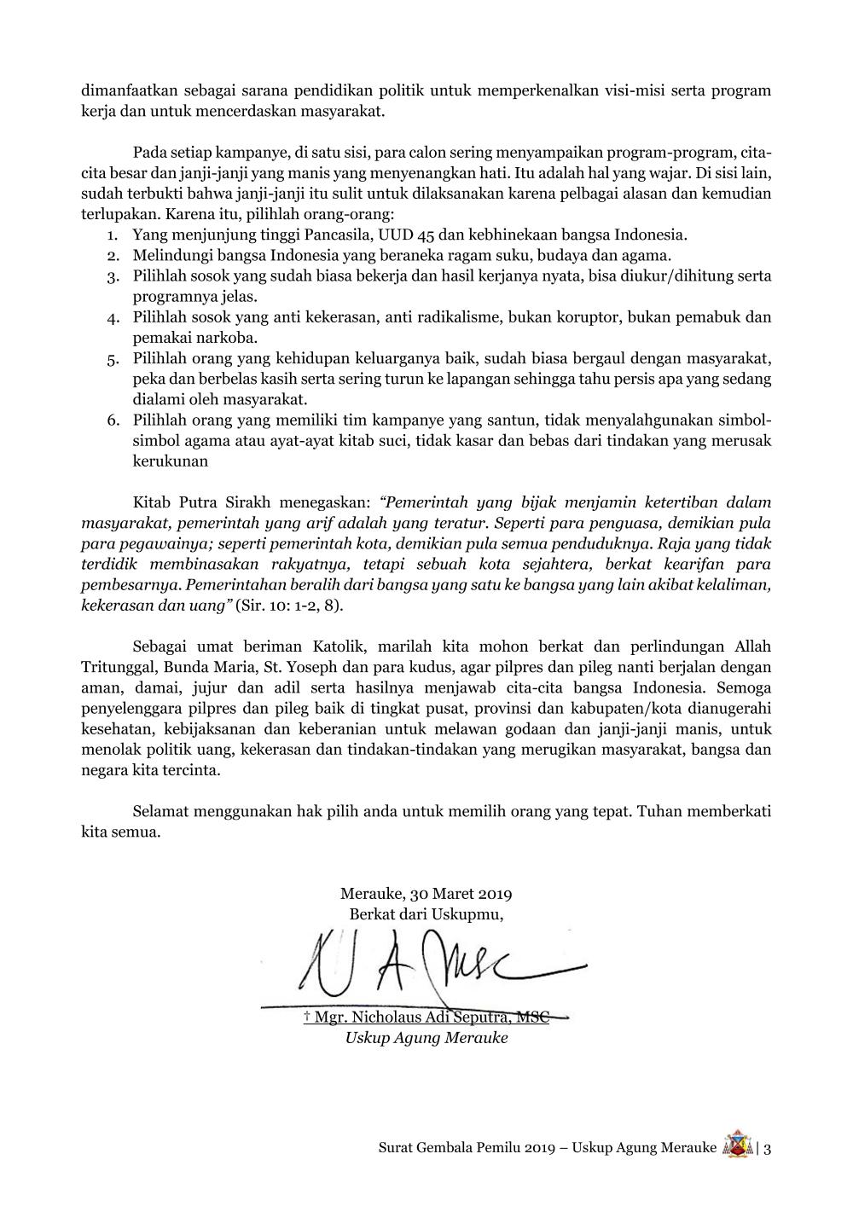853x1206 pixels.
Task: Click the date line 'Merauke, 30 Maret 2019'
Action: (426, 895)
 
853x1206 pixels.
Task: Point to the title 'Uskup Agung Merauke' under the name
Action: (426, 1038)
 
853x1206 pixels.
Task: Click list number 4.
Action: (112, 318)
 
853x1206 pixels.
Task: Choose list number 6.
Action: (112, 420)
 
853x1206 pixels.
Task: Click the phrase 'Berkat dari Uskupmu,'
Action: (426, 914)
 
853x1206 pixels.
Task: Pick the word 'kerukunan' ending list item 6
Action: (171, 461)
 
